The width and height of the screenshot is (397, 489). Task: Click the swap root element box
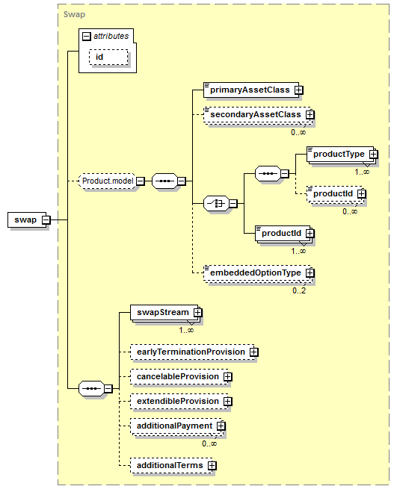pos(27,219)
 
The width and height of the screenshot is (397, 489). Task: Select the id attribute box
pos(108,57)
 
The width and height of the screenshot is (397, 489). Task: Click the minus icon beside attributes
pos(86,37)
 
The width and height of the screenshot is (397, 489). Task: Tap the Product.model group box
pos(108,181)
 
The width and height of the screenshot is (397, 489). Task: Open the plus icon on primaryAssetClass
pos(299,90)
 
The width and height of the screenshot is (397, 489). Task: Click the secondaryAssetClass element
pos(258,115)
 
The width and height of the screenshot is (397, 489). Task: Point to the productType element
pos(341,155)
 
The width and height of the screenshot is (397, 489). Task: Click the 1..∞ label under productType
pos(362,172)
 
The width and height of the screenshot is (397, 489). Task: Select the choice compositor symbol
pos(216,204)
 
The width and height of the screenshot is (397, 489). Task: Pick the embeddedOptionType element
pos(258,273)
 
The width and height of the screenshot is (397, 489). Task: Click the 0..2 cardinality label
pos(299,290)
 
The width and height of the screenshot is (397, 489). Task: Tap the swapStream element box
pos(164,313)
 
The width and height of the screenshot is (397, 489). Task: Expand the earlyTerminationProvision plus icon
pos(254,352)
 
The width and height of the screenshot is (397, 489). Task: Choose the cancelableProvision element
pos(179,377)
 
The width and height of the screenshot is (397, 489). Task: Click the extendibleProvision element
pos(179,402)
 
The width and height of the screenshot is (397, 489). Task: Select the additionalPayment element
pos(176,426)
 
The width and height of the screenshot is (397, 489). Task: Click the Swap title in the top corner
pos(74,15)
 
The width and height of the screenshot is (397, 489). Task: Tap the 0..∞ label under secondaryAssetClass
pos(298,133)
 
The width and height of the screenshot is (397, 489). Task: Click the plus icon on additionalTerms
pos(212,466)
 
